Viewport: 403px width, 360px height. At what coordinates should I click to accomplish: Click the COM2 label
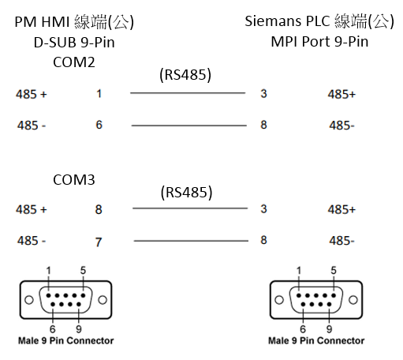point(74,62)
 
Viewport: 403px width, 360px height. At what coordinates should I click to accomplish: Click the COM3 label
point(74,180)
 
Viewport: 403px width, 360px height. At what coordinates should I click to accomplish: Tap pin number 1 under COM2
point(99,94)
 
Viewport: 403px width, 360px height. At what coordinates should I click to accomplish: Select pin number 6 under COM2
point(99,125)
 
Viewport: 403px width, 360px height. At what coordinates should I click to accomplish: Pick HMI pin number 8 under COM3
point(99,209)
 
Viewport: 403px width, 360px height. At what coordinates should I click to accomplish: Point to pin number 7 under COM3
point(99,242)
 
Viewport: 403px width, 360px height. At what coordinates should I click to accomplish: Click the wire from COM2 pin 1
point(188,93)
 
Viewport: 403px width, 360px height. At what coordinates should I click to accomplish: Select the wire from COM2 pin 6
point(189,126)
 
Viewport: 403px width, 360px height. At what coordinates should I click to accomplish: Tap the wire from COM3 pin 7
point(191,241)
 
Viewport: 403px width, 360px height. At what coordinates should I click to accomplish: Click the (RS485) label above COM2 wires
point(185,75)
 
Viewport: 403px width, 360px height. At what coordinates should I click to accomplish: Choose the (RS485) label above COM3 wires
point(186,193)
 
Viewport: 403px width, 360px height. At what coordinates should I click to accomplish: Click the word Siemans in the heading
point(273,21)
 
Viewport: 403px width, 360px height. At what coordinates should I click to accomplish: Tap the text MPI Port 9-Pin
point(319,42)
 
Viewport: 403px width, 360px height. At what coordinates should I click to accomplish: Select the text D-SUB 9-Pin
point(74,43)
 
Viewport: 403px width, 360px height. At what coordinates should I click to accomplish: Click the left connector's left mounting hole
point(29,300)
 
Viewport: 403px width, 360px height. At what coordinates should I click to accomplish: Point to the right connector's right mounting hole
point(353,300)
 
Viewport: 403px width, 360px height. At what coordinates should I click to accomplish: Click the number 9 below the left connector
point(79,329)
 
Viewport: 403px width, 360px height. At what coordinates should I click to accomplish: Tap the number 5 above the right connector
point(334,270)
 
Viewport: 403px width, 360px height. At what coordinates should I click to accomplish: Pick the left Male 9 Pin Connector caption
point(66,341)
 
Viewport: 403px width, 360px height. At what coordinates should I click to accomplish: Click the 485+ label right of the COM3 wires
point(341,210)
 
